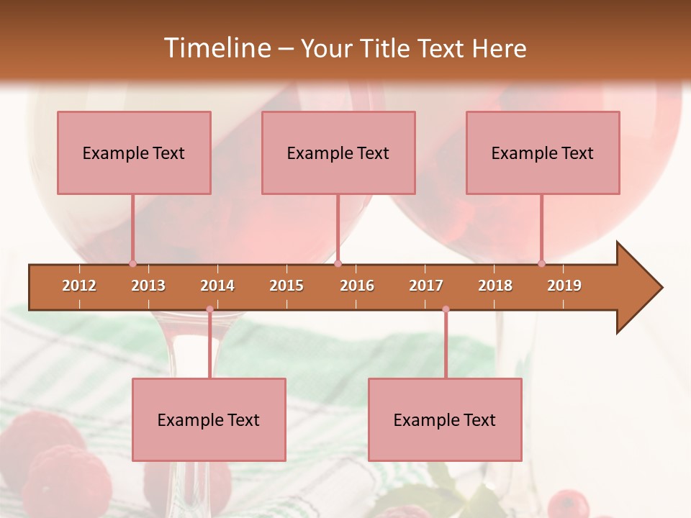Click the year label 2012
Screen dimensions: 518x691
click(x=79, y=286)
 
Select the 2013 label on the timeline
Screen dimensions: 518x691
click(x=148, y=286)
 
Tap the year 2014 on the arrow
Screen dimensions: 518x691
click(x=217, y=286)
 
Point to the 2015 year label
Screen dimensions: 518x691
click(x=286, y=286)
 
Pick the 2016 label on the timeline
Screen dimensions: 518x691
click(x=357, y=286)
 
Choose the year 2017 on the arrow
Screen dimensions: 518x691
click(x=426, y=286)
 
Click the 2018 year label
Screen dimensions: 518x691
click(x=495, y=286)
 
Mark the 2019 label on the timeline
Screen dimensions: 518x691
click(x=564, y=286)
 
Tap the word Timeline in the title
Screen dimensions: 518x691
click(x=216, y=48)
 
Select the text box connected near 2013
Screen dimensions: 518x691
click(x=134, y=153)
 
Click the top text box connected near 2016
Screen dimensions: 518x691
click(x=338, y=153)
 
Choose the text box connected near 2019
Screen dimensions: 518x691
click(x=543, y=153)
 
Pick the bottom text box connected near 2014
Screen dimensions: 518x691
click(x=209, y=419)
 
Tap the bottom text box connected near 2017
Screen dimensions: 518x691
click(x=445, y=419)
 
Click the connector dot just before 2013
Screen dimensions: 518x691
click(x=132, y=263)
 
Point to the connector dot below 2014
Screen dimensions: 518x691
click(x=209, y=309)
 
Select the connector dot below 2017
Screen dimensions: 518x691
click(x=446, y=309)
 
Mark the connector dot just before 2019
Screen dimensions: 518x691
click(x=541, y=263)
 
